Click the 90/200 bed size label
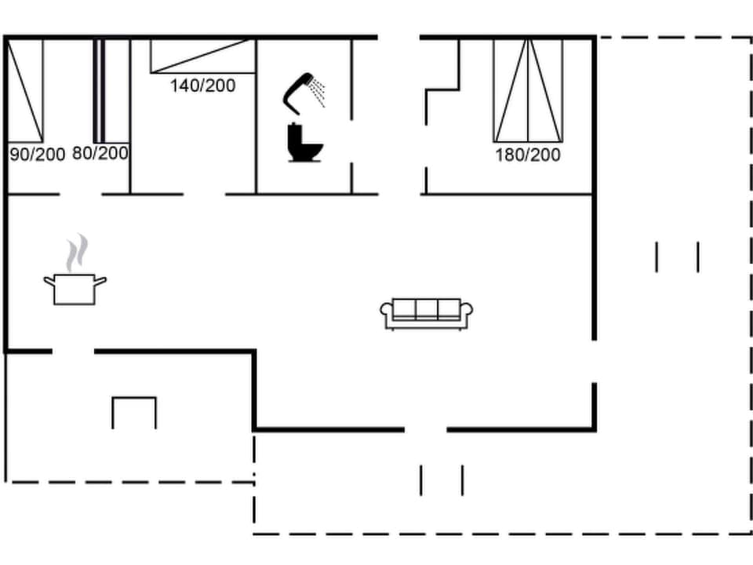pos(37,155)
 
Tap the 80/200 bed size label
pos(100,153)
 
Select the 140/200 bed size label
pos(202,86)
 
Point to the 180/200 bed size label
pos(527,155)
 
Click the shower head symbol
pos(299,89)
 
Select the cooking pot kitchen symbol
pos(75,288)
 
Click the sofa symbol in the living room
pos(427,313)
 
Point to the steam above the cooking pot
pos(76,253)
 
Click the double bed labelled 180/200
pos(528,89)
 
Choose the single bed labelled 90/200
pos(25,90)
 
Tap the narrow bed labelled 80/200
pos(100,90)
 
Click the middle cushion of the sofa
pos(427,308)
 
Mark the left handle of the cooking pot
pos(48,279)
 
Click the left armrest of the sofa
pos(386,313)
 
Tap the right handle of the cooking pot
pos(101,279)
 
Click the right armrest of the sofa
pos(467,313)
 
